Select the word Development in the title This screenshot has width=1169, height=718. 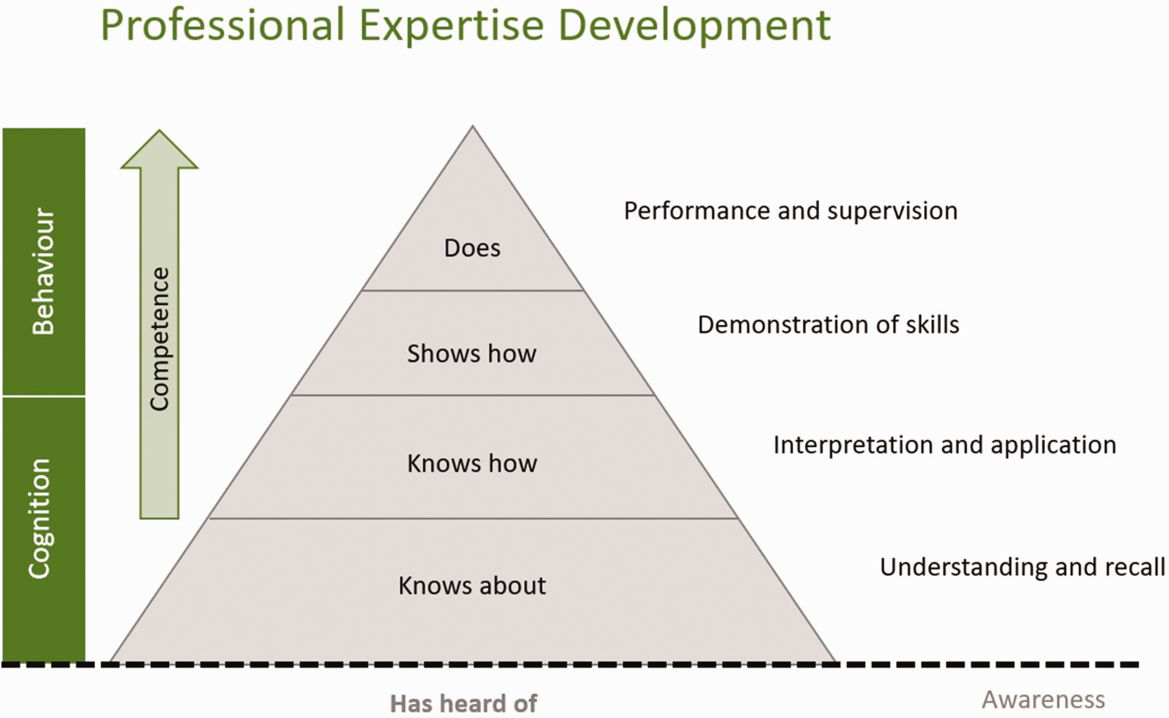pos(695,27)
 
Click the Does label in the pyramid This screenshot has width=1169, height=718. pos(472,248)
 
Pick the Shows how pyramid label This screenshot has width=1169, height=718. pos(471,353)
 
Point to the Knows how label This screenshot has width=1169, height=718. pos(472,463)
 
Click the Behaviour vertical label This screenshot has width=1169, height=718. pos(43,271)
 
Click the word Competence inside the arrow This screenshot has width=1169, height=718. pos(159,339)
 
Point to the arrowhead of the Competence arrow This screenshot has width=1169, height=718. pos(159,131)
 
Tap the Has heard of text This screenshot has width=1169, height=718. pos(463,703)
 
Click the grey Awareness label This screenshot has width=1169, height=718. pos(1044,700)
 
